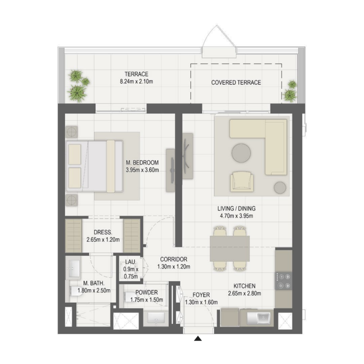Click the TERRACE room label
[x=137, y=74]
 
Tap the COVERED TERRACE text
[x=236, y=83]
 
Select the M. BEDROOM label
[x=142, y=162]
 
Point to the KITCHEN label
[x=244, y=286]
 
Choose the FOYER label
[x=201, y=295]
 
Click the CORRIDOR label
[x=174, y=259]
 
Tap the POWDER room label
[x=146, y=293]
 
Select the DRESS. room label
[x=103, y=232]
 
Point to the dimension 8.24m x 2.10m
[x=136, y=82]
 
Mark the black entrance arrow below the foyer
[x=198, y=338]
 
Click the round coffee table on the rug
[x=241, y=153]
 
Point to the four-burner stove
[x=283, y=280]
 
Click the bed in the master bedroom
[x=95, y=166]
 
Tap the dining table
[x=230, y=248]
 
